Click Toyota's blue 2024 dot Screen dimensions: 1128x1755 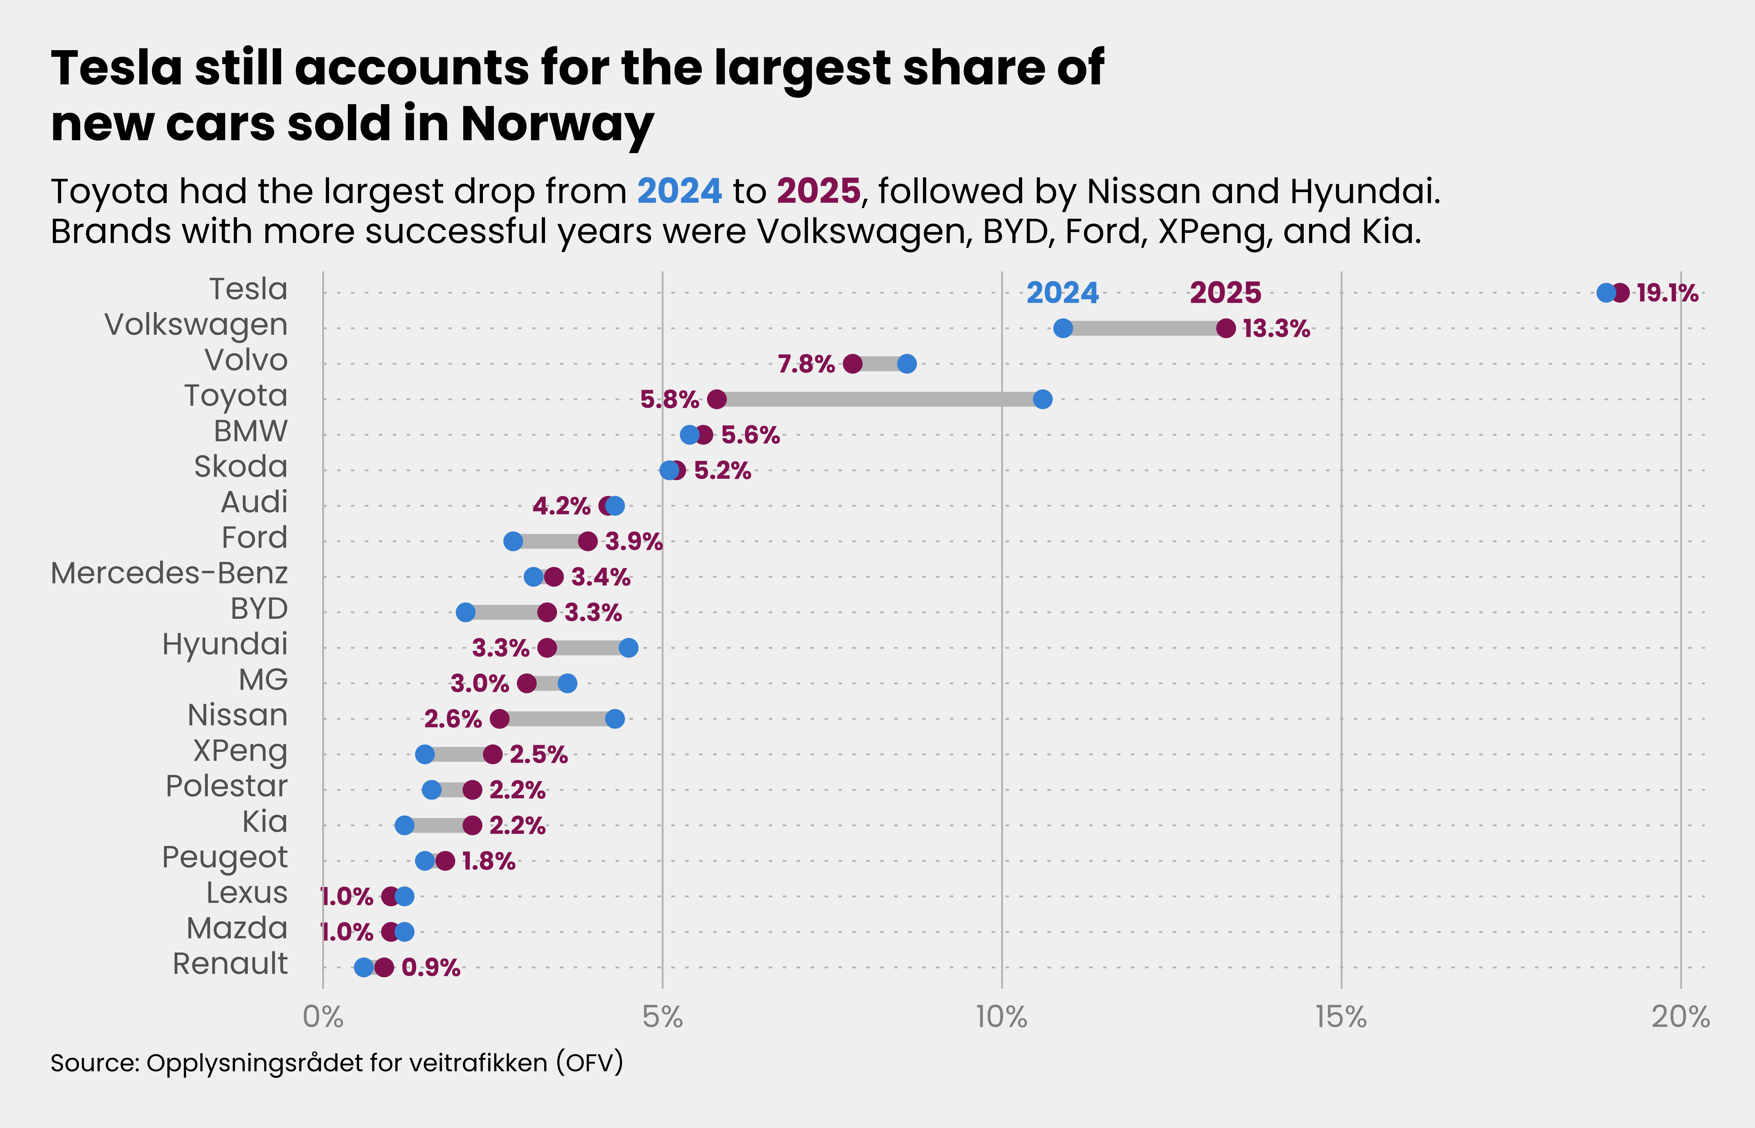click(x=1042, y=399)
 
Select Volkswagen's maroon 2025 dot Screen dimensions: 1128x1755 click(x=1225, y=328)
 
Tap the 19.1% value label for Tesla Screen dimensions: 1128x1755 click(x=1667, y=293)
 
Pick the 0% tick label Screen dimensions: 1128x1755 click(x=323, y=1017)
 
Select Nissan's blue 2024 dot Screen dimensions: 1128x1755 click(x=615, y=718)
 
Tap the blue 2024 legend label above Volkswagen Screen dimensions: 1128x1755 click(x=1062, y=293)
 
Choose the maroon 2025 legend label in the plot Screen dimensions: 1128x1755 click(x=1225, y=293)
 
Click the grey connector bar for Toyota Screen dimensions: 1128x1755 click(x=879, y=399)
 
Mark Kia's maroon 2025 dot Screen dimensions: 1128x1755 click(x=473, y=826)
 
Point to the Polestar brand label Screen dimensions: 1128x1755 click(x=226, y=786)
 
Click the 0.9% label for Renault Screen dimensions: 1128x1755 click(x=431, y=968)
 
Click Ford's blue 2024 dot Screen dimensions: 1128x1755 click(x=513, y=541)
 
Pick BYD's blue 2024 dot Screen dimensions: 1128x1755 click(x=465, y=612)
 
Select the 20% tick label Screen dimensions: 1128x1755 click(x=1680, y=1017)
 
